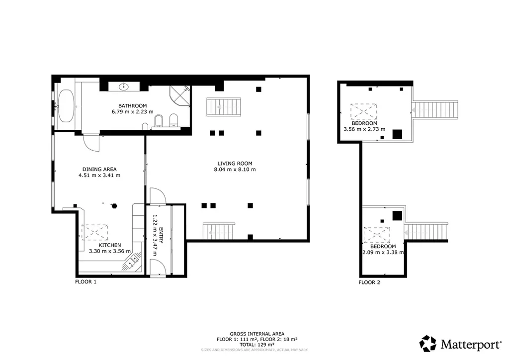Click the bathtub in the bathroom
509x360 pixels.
[x=66, y=106]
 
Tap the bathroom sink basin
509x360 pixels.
[x=124, y=87]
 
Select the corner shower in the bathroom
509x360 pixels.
[x=179, y=96]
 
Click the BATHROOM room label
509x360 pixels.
[x=132, y=105]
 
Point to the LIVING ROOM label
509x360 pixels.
[x=235, y=163]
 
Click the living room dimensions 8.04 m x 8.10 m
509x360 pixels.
[x=235, y=170]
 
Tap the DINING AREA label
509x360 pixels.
[x=99, y=169]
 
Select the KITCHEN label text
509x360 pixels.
[x=110, y=245]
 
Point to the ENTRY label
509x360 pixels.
[x=161, y=235]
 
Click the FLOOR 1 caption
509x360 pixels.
[x=85, y=282]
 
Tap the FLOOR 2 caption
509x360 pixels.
[x=369, y=282]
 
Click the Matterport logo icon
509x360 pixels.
[x=428, y=344]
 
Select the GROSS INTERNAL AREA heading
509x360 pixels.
[x=257, y=334]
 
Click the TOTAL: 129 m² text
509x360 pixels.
[x=257, y=345]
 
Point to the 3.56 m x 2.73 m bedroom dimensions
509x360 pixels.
[x=364, y=129]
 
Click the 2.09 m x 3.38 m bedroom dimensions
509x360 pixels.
[x=383, y=252]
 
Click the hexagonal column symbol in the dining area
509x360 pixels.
[x=114, y=206]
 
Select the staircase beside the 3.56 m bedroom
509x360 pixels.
[x=434, y=110]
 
